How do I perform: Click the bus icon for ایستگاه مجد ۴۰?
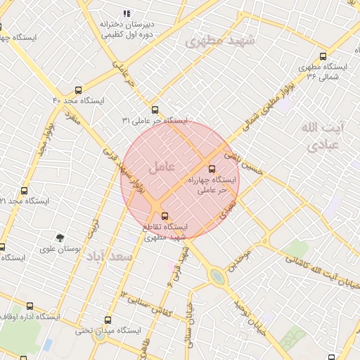(78, 90)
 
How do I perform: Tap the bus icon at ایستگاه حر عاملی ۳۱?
(155, 110)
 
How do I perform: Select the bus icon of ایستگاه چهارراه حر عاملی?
(212, 169)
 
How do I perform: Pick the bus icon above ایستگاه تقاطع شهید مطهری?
(165, 215)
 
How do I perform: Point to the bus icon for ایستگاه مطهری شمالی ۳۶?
(323, 56)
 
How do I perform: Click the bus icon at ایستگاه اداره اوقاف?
(30, 306)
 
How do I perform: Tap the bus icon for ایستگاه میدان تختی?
(108, 319)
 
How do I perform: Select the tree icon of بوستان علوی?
(60, 238)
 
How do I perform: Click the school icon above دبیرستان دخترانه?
(127, 13)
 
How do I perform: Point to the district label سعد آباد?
(110, 257)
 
